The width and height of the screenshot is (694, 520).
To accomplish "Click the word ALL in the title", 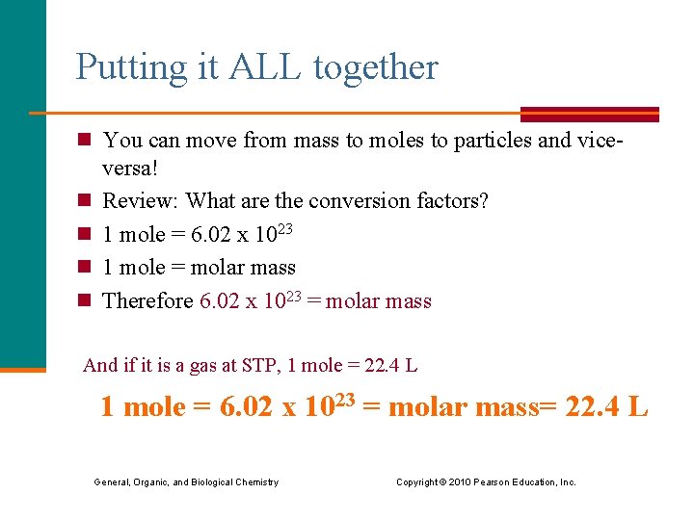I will (x=255, y=68).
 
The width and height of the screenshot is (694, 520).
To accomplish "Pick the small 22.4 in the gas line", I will (x=382, y=365).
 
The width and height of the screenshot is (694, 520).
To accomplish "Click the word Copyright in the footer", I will (x=417, y=481).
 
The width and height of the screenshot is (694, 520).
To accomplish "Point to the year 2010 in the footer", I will (x=462, y=481).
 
